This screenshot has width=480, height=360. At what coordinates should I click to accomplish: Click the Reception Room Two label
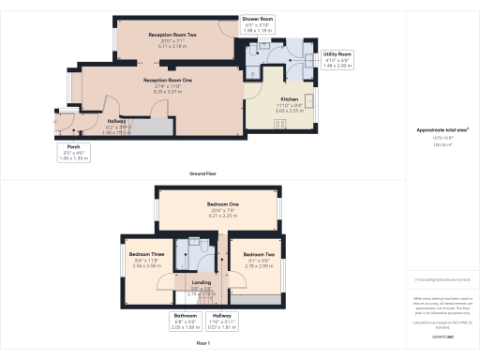click(172, 35)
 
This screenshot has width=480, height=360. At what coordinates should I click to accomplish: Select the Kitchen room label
click(290, 98)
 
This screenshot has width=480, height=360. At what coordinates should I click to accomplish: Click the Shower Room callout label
click(257, 19)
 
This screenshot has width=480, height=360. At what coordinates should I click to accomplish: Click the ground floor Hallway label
click(116, 121)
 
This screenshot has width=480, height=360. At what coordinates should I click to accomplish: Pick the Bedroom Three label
click(147, 255)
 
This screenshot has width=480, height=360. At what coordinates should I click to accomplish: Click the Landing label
click(202, 281)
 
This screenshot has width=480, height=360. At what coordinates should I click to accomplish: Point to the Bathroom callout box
click(186, 321)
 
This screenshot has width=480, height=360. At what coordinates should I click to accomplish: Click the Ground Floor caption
click(204, 174)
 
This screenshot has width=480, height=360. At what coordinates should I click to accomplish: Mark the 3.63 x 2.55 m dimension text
click(290, 110)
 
